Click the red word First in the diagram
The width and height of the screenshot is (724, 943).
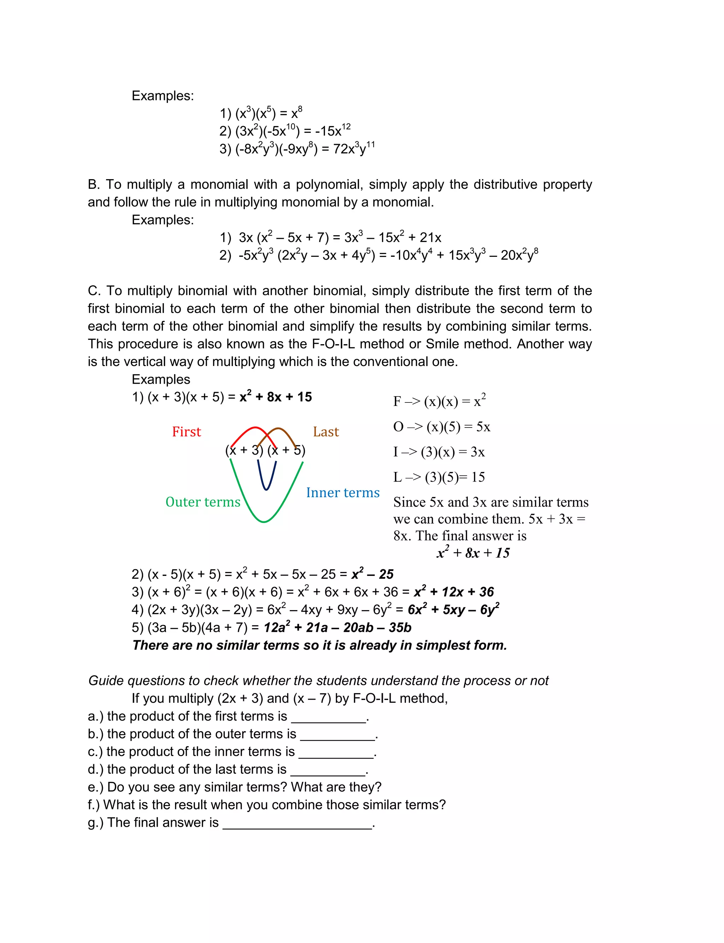click(186, 431)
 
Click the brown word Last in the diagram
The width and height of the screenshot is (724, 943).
click(326, 431)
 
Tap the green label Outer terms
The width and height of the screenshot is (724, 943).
click(203, 502)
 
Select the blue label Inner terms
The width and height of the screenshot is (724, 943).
click(343, 492)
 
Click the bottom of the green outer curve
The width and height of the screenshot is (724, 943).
click(264, 521)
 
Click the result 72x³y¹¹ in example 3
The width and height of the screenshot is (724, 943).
click(354, 148)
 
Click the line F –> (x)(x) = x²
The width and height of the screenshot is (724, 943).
click(439, 401)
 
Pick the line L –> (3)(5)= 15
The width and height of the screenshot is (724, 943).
click(439, 477)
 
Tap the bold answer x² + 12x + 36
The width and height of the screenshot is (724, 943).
click(454, 592)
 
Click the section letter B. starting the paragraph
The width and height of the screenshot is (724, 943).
click(94, 184)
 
